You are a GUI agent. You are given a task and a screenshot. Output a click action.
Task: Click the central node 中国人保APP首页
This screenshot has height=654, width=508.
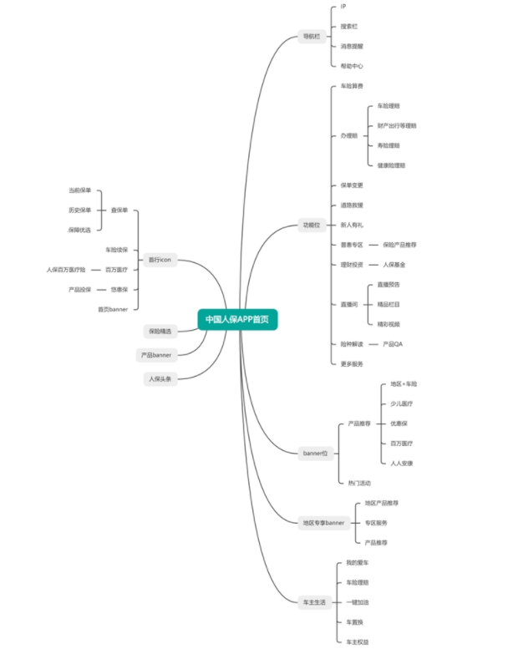tap(237, 319)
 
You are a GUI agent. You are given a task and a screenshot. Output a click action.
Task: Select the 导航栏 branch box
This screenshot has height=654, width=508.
tap(312, 36)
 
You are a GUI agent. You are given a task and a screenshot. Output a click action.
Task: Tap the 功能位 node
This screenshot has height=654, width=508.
tap(312, 225)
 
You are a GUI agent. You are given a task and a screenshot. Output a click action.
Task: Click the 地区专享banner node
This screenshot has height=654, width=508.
tap(323, 523)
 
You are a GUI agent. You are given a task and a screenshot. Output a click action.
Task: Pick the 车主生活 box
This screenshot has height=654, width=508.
tap(312, 601)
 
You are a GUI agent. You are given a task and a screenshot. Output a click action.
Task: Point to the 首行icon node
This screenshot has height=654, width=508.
tap(160, 259)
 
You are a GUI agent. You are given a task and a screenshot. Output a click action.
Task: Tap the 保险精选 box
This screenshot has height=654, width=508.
tap(159, 331)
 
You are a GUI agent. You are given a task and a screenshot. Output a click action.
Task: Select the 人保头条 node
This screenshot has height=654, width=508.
tap(159, 378)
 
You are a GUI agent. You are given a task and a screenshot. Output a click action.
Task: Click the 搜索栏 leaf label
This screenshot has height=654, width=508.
tap(348, 27)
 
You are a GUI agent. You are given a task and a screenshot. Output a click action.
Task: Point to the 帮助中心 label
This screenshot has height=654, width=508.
tap(352, 65)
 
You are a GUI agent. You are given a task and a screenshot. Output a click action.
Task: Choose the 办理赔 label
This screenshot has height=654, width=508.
tap(348, 135)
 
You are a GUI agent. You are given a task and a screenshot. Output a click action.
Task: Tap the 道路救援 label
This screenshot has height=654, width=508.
tap(352, 205)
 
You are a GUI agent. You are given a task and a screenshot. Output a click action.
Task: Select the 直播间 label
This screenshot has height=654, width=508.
tap(348, 304)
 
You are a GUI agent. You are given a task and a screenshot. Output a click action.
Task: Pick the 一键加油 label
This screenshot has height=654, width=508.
tap(355, 601)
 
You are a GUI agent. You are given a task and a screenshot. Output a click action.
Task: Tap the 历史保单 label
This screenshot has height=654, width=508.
tap(80, 210)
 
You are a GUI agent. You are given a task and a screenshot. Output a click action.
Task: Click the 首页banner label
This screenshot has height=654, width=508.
tap(113, 309)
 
